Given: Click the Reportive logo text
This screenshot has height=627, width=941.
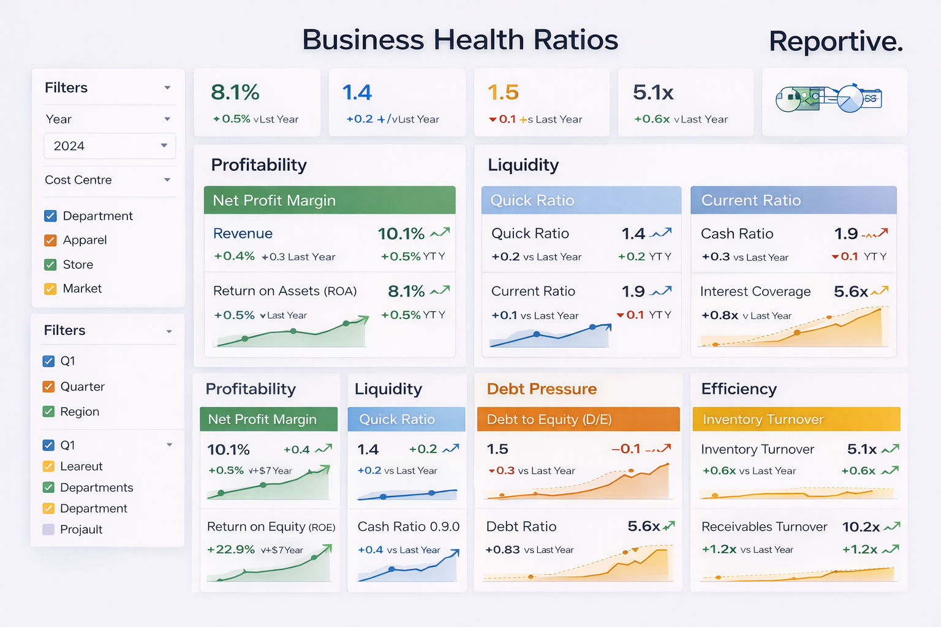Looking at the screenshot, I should (836, 42).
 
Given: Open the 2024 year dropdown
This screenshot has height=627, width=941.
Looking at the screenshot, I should (110, 146).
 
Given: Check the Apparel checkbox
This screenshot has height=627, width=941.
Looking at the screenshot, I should (50, 241).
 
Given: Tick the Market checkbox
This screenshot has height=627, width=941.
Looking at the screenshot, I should (50, 289).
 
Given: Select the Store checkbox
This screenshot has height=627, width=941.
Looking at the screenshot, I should (50, 265).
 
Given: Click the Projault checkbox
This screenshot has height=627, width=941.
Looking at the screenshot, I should (48, 530).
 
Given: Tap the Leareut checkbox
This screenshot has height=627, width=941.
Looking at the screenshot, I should (48, 467).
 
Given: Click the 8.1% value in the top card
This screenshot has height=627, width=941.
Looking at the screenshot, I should (235, 92).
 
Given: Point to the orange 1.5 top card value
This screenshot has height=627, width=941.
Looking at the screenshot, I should (503, 92).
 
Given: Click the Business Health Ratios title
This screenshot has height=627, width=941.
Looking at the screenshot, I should (460, 40).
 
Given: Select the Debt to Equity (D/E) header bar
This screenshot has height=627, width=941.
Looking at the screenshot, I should (578, 419).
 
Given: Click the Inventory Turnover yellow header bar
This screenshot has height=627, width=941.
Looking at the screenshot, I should (796, 419).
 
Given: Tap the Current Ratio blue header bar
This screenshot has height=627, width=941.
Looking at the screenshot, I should (793, 200).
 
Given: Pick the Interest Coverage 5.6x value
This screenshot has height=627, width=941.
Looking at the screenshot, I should (850, 292).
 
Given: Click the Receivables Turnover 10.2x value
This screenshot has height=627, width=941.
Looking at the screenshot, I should (861, 527).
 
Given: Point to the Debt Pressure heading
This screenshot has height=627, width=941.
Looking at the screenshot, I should (542, 389).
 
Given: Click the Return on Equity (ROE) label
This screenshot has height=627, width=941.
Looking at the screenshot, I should (271, 527).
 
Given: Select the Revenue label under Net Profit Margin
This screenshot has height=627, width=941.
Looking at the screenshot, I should (243, 234).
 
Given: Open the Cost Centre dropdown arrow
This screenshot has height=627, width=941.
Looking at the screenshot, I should (167, 180).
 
